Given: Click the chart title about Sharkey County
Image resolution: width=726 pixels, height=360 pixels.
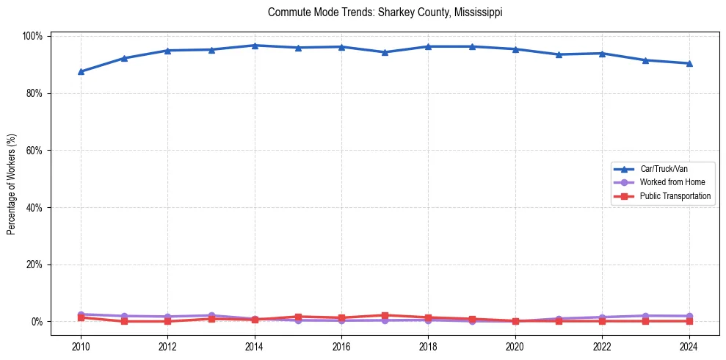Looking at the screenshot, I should tap(385, 12).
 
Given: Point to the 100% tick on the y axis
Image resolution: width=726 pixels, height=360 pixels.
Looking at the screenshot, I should tap(35, 36).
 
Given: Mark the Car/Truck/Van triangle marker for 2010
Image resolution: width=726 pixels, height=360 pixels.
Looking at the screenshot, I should tap(81, 71).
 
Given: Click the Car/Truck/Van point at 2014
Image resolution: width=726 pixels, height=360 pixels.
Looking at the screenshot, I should tap(255, 46).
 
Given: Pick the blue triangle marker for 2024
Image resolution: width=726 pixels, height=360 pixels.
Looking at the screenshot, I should tap(689, 63).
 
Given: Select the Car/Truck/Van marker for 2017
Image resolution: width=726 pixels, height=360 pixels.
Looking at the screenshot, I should tap(385, 52).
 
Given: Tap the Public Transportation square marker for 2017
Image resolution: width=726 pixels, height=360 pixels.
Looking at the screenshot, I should tap(385, 315).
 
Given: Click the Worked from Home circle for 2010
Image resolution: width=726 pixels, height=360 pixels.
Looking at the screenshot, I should tap(81, 314).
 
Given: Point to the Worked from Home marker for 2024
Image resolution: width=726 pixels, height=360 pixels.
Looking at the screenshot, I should tap(689, 316).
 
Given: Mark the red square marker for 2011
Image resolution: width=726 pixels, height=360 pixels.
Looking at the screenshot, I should tap(124, 321).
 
